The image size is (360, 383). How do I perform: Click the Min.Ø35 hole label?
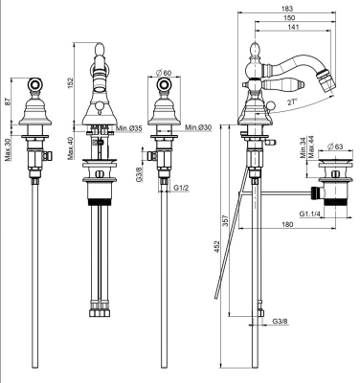click(x=127, y=127)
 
